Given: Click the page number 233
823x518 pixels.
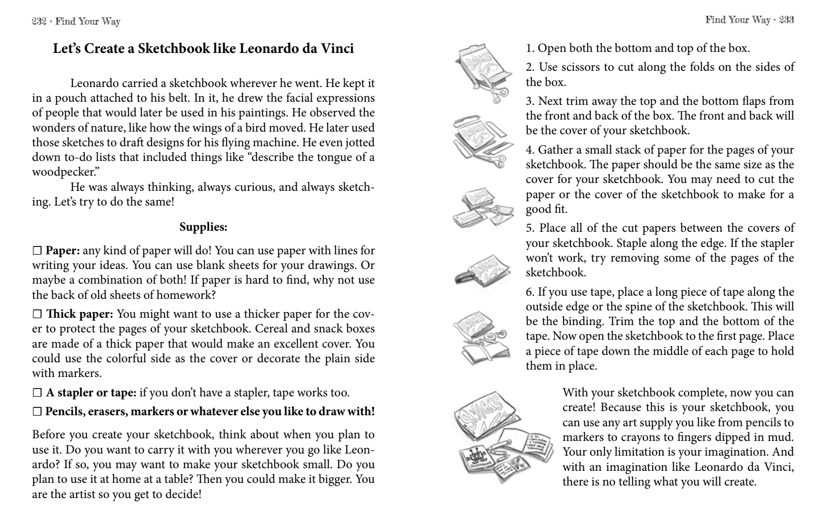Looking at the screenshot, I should coord(786,20).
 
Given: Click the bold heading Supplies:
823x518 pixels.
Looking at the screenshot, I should coord(203,227).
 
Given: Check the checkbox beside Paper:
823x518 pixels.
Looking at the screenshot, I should coord(37,251).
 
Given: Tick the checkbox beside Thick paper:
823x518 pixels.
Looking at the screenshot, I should coord(37,315).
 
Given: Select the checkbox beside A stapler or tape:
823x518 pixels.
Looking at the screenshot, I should coord(37,393).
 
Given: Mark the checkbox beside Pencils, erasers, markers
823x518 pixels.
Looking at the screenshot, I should coord(37,412).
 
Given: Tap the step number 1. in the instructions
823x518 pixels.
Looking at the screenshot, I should coord(530,49).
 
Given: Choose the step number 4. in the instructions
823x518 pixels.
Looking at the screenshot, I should coord(530,150).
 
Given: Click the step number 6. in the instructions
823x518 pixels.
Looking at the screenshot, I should coord(530,292).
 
